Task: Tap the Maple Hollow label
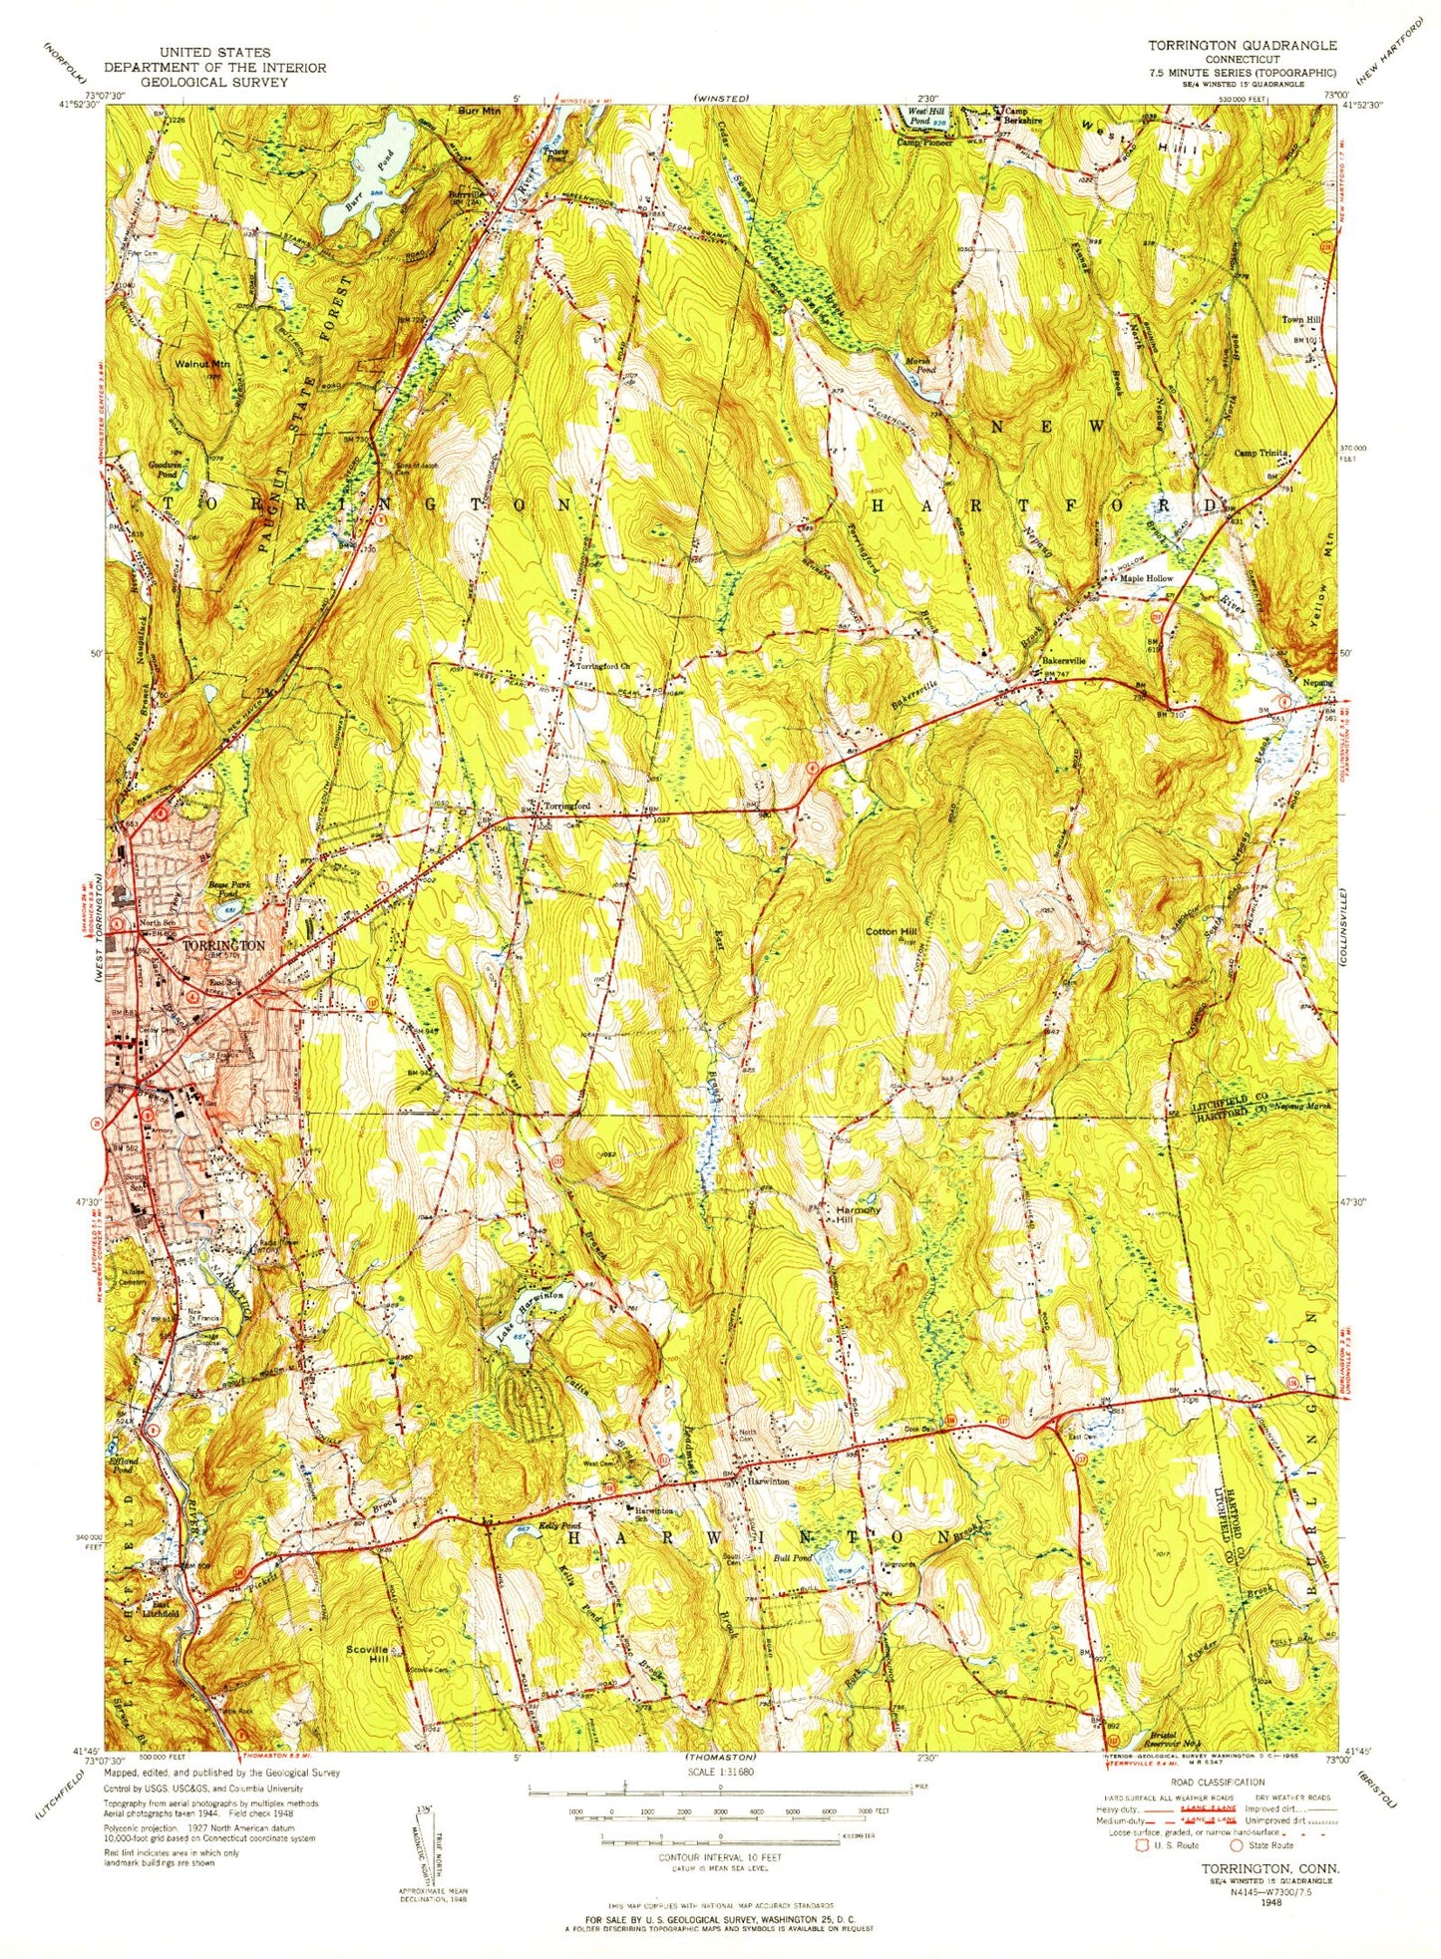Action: (1146, 578)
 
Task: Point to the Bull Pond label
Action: (795, 1558)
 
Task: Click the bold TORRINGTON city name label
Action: (223, 945)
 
